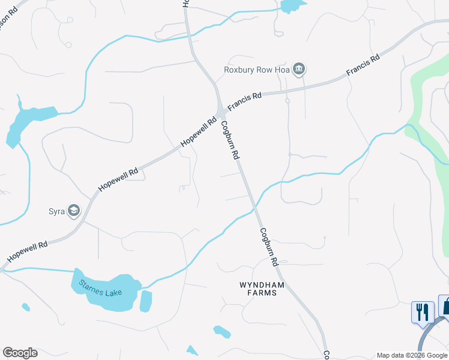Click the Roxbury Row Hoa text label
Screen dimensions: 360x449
(x=257, y=70)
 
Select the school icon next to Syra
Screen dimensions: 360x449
(x=74, y=210)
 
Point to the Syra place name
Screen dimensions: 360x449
(x=56, y=211)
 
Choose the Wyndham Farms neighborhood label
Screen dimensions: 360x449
(x=258, y=288)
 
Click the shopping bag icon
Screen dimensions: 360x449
(x=445, y=307)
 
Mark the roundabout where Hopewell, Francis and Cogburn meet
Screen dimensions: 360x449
(x=221, y=113)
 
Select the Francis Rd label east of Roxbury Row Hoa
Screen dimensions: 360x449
(x=363, y=65)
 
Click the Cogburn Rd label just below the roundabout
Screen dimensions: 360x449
(x=231, y=140)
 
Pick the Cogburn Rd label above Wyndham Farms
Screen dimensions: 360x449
(x=270, y=247)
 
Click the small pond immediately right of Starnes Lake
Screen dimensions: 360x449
(x=146, y=301)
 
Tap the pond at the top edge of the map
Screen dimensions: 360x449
(x=292, y=6)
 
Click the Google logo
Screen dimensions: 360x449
(x=20, y=353)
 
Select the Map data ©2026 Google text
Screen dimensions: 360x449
(x=412, y=355)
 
